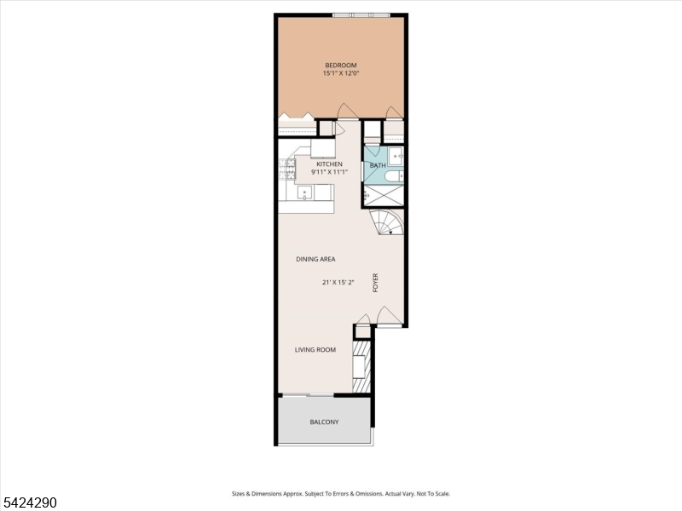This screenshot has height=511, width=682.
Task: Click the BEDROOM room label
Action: (x=340, y=66)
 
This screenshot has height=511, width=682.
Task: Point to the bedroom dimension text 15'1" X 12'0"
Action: (x=340, y=74)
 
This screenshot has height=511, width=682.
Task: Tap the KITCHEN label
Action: (x=330, y=164)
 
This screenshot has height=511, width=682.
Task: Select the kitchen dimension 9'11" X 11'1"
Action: (x=330, y=172)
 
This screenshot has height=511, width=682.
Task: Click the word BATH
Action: (x=378, y=165)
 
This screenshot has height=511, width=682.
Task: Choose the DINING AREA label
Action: (x=315, y=259)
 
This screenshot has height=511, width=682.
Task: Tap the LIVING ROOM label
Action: (x=315, y=350)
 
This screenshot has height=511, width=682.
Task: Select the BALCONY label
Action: (x=324, y=422)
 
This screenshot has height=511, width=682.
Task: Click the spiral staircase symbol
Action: (x=388, y=223)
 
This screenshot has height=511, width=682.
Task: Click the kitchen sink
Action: (x=304, y=192)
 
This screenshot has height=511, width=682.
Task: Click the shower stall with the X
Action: (x=382, y=196)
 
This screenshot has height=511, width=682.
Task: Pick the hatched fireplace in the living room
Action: (x=363, y=367)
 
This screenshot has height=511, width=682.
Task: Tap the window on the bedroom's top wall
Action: (x=361, y=14)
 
